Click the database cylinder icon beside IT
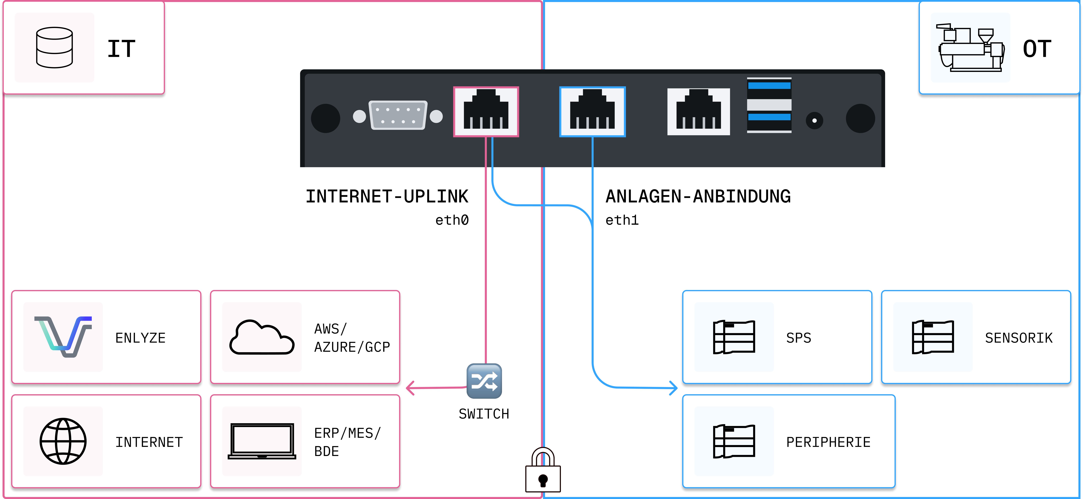(54, 48)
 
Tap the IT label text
(121, 49)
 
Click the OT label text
(1037, 49)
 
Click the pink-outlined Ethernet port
(486, 111)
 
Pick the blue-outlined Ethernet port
(592, 111)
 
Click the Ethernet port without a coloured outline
(698, 111)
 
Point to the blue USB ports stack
(769, 105)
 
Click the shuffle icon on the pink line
(484, 381)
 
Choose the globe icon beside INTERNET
(63, 441)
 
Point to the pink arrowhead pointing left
(410, 388)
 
